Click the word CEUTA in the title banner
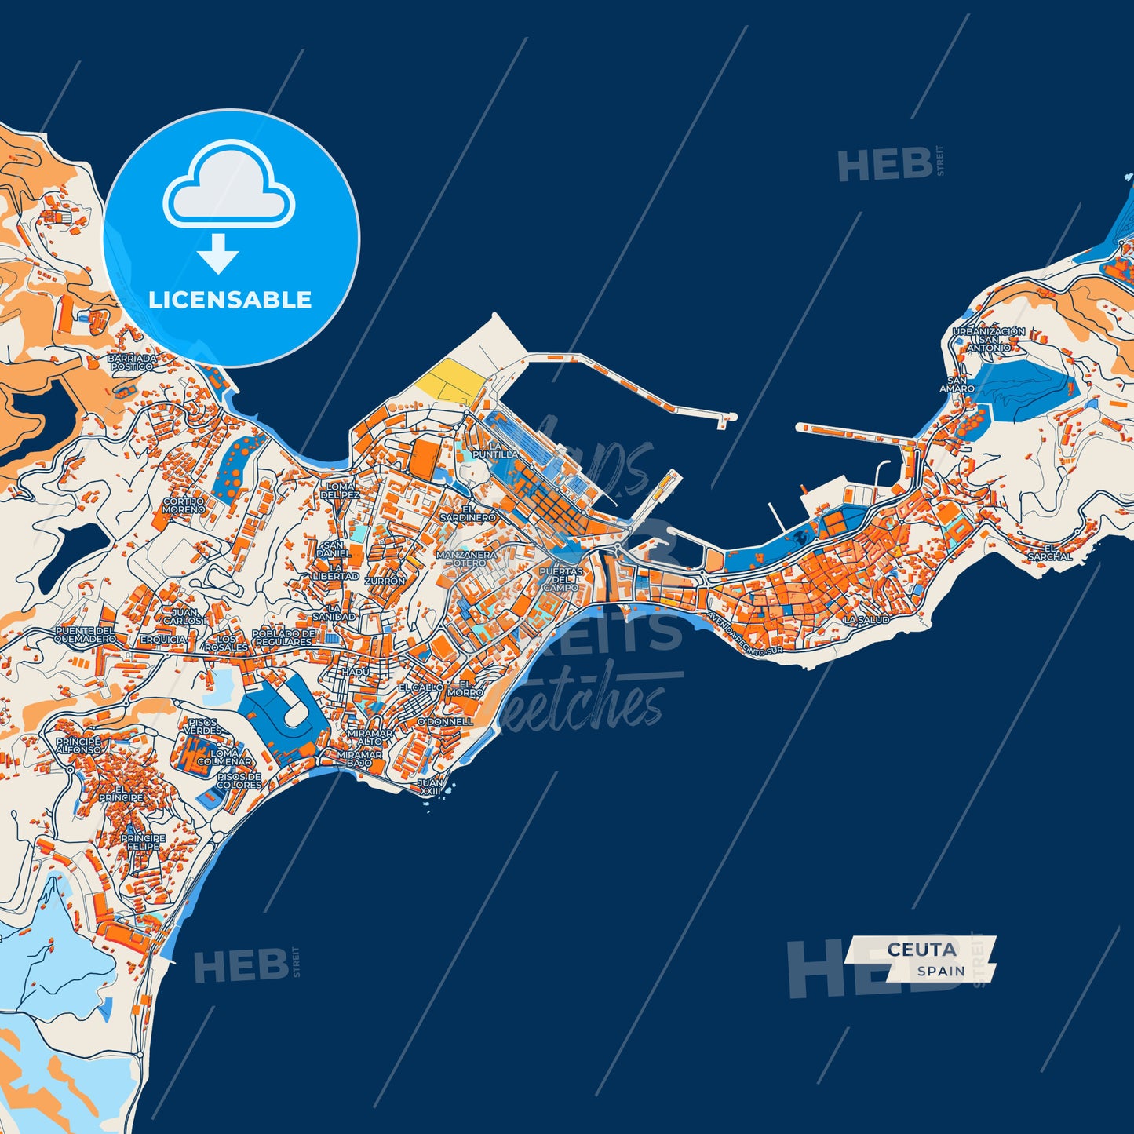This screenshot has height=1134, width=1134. (921, 949)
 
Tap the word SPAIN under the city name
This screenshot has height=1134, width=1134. (941, 971)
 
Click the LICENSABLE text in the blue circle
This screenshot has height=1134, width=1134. (230, 300)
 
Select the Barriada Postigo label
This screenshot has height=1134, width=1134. (132, 362)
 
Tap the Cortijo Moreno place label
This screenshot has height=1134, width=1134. (184, 505)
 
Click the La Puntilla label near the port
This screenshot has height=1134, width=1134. (495, 450)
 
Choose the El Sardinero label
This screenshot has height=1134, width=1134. (468, 513)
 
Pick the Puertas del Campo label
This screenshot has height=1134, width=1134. (561, 579)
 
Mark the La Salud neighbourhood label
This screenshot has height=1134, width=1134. (866, 619)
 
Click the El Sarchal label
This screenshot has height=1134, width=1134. (1049, 552)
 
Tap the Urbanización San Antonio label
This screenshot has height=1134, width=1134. (989, 339)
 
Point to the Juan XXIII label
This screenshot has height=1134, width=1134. (430, 786)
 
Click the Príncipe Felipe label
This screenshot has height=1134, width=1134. (143, 842)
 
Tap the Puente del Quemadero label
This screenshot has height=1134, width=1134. (85, 635)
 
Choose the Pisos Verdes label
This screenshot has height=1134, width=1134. (202, 726)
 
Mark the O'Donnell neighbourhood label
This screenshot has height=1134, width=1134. (445, 721)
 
